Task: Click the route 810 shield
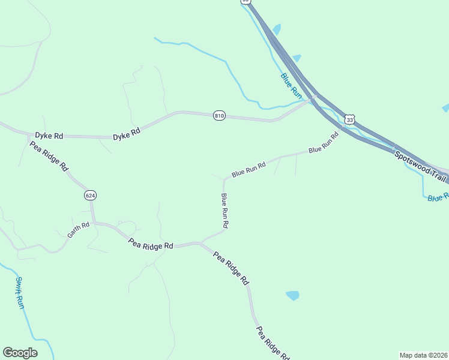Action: pos(219,115)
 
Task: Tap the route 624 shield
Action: pos(90,196)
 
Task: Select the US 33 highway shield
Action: pos(350,120)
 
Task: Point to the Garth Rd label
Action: pos(78,230)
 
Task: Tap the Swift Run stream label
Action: pos(20,293)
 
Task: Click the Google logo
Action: pos(20,353)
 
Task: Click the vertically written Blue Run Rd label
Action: pos(224,210)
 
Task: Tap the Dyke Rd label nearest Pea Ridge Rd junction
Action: pos(49,136)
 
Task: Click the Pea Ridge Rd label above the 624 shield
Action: pos(49,157)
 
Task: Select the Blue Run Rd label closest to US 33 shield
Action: pos(324,142)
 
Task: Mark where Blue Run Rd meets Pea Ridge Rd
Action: pos(202,242)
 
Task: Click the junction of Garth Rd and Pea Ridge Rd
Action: pos(94,223)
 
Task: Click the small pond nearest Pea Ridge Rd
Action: pos(292,295)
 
